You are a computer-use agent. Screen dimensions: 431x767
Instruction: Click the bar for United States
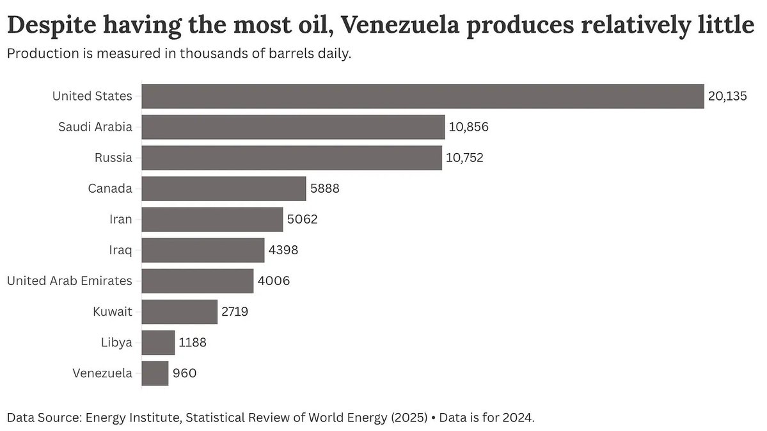click(x=422, y=96)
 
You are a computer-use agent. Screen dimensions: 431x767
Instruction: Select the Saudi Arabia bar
click(x=293, y=127)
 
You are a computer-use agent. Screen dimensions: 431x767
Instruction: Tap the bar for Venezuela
click(x=155, y=373)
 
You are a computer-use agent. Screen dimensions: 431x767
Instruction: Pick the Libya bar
click(x=158, y=343)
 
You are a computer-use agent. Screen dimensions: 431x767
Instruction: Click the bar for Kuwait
click(x=180, y=312)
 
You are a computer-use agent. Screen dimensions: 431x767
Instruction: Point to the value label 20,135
click(x=727, y=97)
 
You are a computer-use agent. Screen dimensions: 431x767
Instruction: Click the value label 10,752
click(x=464, y=158)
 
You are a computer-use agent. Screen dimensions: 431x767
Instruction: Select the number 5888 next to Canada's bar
click(x=324, y=189)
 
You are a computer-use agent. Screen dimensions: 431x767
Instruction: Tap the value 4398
click(x=283, y=250)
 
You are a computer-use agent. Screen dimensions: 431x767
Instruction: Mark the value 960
click(x=184, y=373)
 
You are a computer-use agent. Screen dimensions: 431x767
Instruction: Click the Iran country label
click(x=120, y=220)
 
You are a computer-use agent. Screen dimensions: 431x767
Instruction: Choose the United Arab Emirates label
click(x=69, y=281)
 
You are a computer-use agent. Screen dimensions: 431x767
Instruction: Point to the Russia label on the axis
click(x=113, y=158)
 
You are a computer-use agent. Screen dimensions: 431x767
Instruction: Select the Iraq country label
click(x=120, y=250)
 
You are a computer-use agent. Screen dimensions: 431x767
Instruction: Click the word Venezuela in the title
click(x=408, y=26)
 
